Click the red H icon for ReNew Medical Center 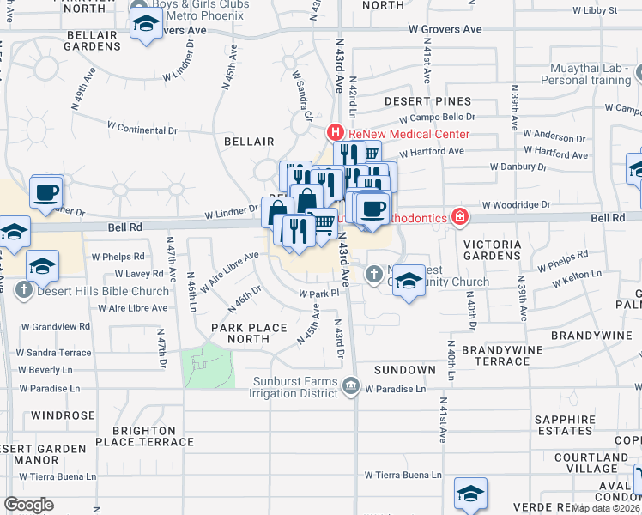coord(336,133)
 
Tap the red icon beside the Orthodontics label coord(461,217)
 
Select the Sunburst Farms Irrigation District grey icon coord(350,388)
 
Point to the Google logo coord(28,505)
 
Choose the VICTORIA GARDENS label coord(493,251)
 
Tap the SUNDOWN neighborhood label coord(404,369)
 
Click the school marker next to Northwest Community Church coord(409,282)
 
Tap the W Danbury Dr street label coord(518,167)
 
